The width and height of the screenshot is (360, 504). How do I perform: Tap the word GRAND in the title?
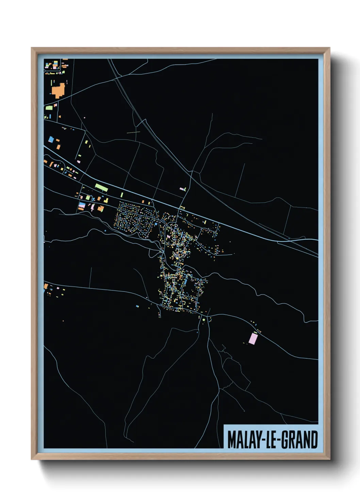pyautogui.click(x=300, y=440)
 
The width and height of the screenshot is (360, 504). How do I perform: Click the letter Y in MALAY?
pyautogui.click(x=256, y=440)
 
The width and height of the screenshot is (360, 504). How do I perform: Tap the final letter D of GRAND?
pyautogui.click(x=314, y=440)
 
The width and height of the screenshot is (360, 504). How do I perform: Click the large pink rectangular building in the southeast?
pyautogui.click(x=253, y=338)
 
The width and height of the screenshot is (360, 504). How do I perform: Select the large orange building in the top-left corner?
pyautogui.click(x=58, y=90)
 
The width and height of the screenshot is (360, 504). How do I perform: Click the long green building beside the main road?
pyautogui.click(x=101, y=187)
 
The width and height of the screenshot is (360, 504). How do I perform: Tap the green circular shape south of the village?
pyautogui.click(x=204, y=320)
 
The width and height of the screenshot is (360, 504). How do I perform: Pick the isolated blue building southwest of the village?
pyautogui.click(x=137, y=306)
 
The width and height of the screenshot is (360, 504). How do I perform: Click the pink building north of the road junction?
pyautogui.click(x=182, y=188)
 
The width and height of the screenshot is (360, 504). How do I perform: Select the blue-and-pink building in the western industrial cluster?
pyautogui.click(x=82, y=206)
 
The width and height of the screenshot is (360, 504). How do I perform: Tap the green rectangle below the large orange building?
pyautogui.click(x=49, y=108)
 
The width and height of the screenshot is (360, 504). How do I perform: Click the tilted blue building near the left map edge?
pyautogui.click(x=51, y=139)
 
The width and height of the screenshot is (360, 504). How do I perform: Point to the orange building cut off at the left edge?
pyautogui.click(x=45, y=286)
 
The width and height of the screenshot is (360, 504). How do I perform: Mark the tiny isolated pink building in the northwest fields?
pyautogui.click(x=84, y=118)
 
